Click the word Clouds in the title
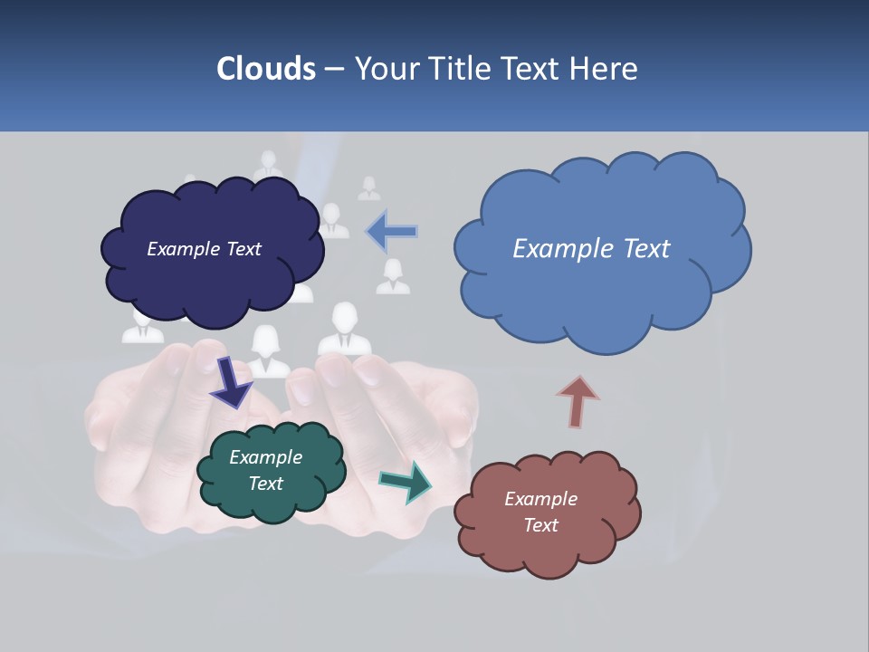tap(266, 68)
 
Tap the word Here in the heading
tap(606, 68)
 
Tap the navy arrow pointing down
tap(231, 382)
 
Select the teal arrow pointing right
tap(406, 482)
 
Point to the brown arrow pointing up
tap(577, 401)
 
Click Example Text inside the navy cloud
tap(204, 249)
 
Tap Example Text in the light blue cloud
tap(591, 249)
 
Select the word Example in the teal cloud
tap(265, 457)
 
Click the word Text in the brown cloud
tap(540, 525)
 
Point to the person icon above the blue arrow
tap(368, 188)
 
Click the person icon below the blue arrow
tap(393, 277)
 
